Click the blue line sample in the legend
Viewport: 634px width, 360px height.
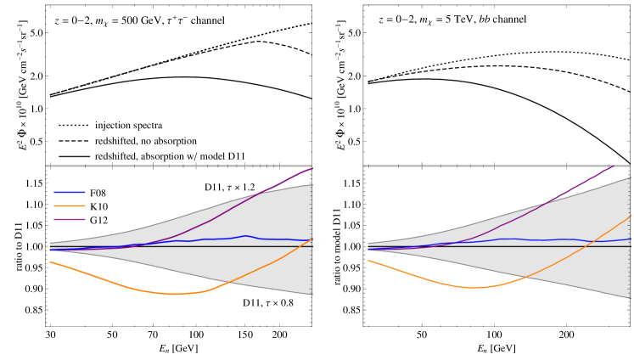point(70,192)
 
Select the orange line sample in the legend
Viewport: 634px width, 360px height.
point(70,205)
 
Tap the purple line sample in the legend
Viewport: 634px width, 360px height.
point(70,219)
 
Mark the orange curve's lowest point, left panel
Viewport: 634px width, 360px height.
point(174,294)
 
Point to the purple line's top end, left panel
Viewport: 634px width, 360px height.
point(312,168)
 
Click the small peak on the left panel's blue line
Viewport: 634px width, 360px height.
point(245,236)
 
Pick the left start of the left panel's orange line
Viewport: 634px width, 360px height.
point(50,262)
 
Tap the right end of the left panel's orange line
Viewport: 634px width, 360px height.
point(311,239)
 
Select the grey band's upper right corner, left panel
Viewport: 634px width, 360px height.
point(311,184)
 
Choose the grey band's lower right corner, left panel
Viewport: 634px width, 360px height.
point(311,295)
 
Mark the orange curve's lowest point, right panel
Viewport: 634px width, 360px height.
point(474,287)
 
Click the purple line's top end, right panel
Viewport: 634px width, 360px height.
point(614,166)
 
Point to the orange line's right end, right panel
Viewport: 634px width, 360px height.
point(630,217)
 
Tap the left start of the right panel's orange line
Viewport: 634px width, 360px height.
point(368,260)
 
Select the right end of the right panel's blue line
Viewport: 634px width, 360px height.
point(630,239)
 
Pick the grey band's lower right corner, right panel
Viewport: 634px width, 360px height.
point(630,298)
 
